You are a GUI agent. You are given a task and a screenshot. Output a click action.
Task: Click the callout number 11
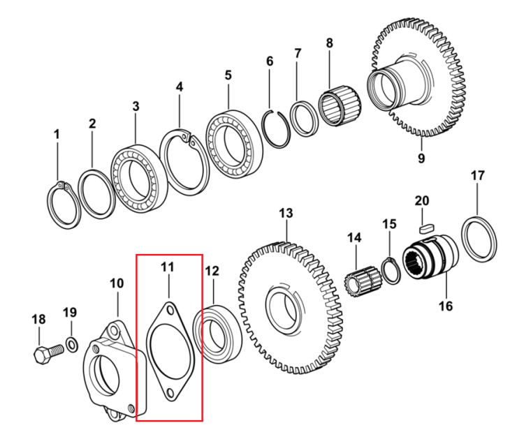pyautogui.click(x=168, y=267)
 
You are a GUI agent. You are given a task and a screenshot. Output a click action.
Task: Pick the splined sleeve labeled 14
pyautogui.click(x=363, y=282)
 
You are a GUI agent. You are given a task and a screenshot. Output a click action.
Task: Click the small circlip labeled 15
pyautogui.click(x=383, y=270)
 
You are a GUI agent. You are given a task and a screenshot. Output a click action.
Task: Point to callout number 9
pyautogui.click(x=421, y=158)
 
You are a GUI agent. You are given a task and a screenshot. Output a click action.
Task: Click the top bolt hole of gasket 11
pyautogui.click(x=170, y=310)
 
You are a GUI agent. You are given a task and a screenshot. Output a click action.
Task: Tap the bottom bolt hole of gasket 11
pyautogui.click(x=170, y=392)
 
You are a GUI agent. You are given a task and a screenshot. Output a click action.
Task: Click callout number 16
pyautogui.click(x=446, y=306)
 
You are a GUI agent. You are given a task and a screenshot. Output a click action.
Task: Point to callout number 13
pyautogui.click(x=286, y=213)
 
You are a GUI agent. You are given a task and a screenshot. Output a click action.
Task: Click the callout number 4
pyautogui.click(x=180, y=87)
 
